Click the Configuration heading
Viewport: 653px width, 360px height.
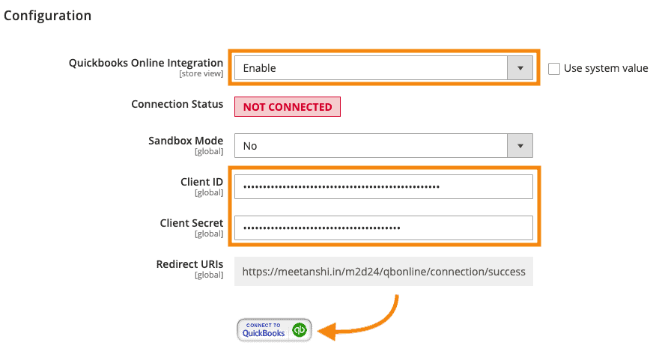coord(48,16)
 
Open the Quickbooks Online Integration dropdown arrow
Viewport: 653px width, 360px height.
coord(520,68)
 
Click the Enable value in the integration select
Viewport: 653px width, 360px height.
coord(260,68)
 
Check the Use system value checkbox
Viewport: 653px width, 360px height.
coord(554,69)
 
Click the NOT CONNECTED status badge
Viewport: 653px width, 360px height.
coord(288,107)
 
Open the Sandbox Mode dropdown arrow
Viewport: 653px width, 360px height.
coord(520,146)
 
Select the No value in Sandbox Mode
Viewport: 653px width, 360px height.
coord(250,146)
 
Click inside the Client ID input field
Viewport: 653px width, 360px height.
coord(383,187)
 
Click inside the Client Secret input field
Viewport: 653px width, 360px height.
coord(383,228)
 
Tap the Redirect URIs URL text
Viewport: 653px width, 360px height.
coord(383,272)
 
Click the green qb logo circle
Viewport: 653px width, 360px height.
coord(300,330)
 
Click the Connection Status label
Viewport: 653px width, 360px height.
coord(177,104)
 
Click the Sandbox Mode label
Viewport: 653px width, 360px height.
coord(186,141)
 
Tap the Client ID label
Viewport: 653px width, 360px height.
coord(201,182)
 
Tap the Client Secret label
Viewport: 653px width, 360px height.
coord(191,223)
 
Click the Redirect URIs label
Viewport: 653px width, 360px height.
coord(189,264)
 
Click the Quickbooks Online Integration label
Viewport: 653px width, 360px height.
coord(146,63)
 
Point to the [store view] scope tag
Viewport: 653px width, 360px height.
coord(201,74)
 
